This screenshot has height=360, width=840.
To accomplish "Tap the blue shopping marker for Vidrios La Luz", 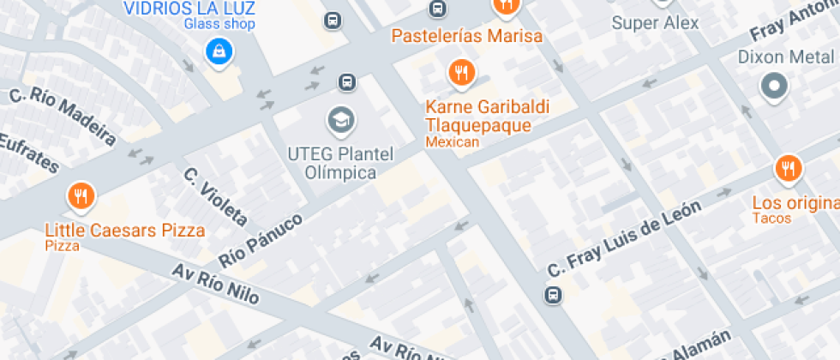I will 219,51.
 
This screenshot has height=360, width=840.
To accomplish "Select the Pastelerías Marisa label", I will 466,36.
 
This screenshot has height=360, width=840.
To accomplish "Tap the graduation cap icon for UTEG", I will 342,120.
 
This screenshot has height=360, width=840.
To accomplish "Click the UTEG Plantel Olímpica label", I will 340,164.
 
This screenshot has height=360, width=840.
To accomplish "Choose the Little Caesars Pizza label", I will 125,231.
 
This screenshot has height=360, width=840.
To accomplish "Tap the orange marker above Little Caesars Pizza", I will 81,197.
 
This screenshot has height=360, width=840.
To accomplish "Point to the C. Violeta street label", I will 215,196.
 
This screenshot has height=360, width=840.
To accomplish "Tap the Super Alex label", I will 655,23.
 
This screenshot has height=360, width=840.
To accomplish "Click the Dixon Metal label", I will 786,57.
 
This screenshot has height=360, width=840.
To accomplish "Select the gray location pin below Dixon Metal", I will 775,86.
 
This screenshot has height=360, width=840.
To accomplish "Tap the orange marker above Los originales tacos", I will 787,169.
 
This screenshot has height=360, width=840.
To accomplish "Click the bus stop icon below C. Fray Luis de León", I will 553,295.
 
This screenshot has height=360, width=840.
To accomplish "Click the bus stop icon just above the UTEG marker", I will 346,82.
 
